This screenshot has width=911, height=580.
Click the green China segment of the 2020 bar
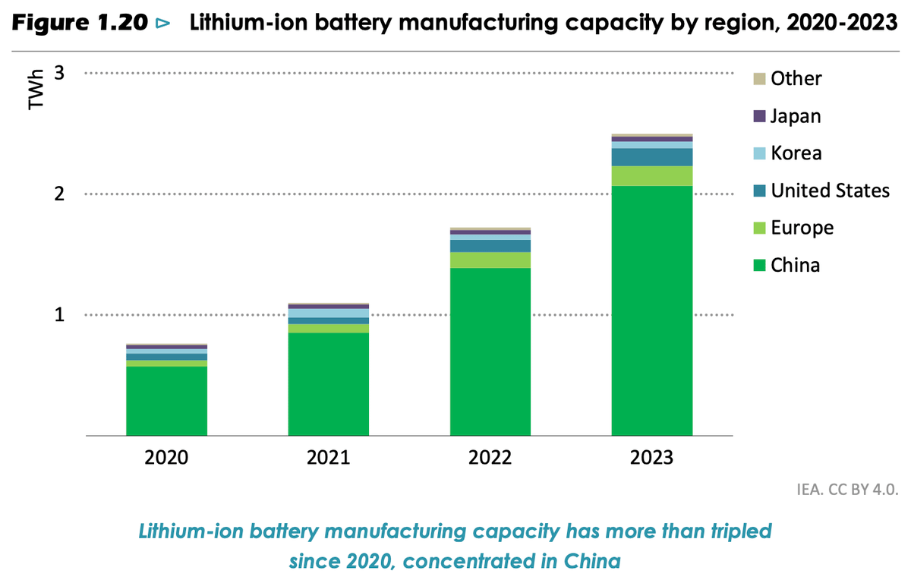[166, 401]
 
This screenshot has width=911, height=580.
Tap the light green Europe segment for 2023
[652, 175]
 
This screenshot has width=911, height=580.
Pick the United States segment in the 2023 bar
[652, 156]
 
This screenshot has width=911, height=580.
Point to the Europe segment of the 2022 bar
[490, 260]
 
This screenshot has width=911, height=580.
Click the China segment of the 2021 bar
[329, 383]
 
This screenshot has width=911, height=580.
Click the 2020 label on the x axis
[166, 458]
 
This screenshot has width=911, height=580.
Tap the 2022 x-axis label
[490, 458]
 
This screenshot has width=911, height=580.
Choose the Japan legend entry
[796, 116]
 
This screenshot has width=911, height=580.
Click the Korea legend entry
[796, 153]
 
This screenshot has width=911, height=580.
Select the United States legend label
[830, 190]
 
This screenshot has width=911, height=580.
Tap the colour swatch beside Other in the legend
[758, 79]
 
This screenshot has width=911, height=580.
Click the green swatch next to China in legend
[758, 266]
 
